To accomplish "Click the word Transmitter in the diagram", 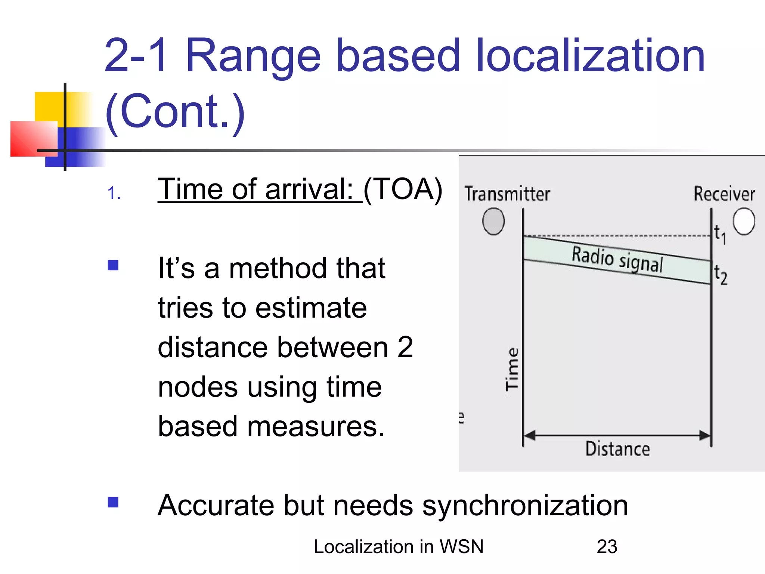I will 507,194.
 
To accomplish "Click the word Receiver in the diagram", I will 724,194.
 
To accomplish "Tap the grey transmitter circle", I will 493,221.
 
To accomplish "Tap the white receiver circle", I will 743,221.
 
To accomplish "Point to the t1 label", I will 720,235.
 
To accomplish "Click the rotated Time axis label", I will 512,369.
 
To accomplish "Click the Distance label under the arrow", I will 617,449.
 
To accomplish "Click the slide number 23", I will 607,546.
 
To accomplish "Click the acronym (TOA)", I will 403,189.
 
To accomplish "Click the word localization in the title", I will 590,56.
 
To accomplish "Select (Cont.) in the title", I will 175,111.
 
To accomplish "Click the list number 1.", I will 114,194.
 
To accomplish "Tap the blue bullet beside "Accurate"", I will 113,502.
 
